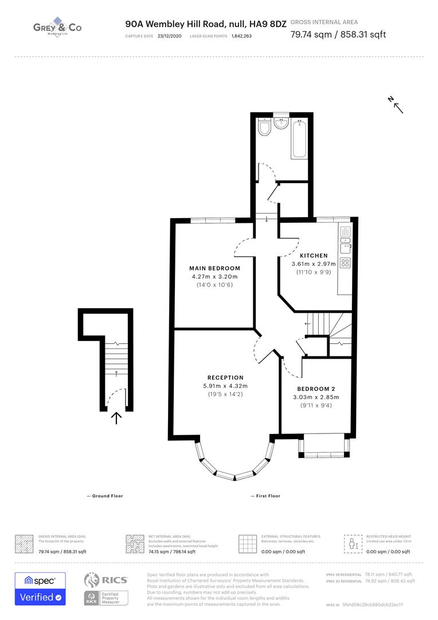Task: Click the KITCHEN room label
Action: coord(314,255)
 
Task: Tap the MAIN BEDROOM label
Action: coord(214,268)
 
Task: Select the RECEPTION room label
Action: coord(222,377)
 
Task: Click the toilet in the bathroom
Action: coord(264,129)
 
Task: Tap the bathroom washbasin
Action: coord(281,125)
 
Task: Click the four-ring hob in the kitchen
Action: coord(346,263)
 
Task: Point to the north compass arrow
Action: coord(397,105)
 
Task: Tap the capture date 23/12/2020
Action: coord(169,36)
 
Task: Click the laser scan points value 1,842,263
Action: coord(241,36)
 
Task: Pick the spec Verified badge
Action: coord(40,588)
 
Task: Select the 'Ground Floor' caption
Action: coord(105,496)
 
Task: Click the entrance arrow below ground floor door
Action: coord(116,418)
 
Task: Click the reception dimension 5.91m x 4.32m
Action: coord(222,385)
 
